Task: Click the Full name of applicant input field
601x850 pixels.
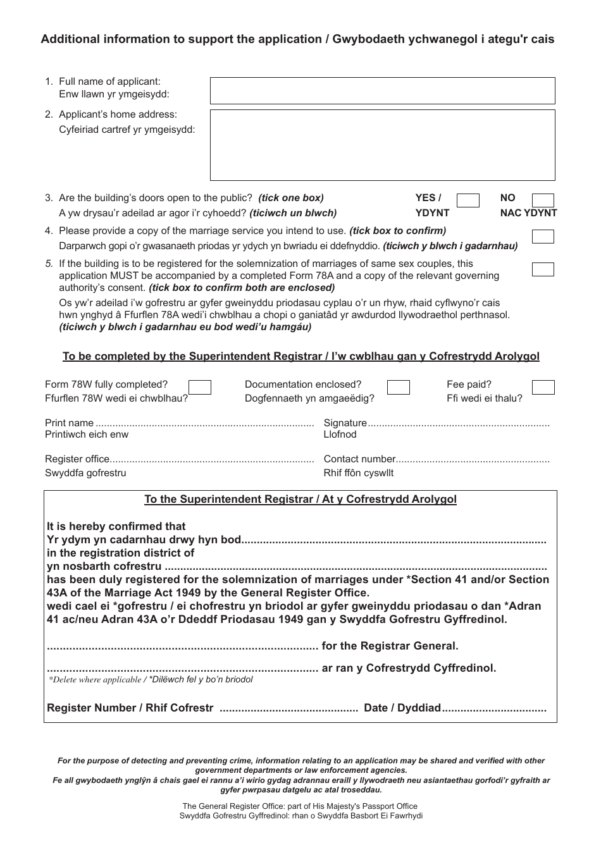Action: click(x=382, y=90)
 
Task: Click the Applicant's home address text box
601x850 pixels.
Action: click(x=382, y=145)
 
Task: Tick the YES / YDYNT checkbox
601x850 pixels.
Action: click(x=468, y=201)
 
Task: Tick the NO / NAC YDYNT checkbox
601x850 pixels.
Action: click(x=543, y=201)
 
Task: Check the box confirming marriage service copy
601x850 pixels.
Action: click(x=543, y=237)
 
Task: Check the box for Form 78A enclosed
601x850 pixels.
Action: click(x=543, y=269)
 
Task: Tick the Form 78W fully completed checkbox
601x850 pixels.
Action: click(x=200, y=387)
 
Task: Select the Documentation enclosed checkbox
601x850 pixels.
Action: click(x=398, y=387)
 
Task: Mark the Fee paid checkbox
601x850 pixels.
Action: click(x=543, y=387)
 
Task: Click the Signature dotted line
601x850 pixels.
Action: click(x=459, y=424)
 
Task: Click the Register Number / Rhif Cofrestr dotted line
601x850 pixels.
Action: click(x=288, y=709)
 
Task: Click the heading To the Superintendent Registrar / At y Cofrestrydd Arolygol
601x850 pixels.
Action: click(x=300, y=499)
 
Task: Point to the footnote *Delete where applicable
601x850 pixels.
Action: click(x=95, y=680)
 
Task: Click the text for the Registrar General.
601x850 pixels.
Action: click(x=390, y=646)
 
